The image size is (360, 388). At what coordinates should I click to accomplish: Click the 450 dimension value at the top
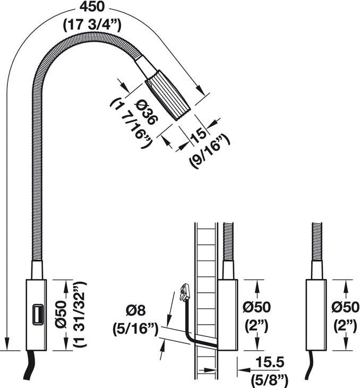pos(92,7)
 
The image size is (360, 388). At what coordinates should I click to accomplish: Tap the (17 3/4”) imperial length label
pos(92,25)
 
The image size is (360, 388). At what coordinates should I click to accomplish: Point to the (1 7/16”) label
pos(131,123)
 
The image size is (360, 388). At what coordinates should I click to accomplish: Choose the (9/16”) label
pos(209,150)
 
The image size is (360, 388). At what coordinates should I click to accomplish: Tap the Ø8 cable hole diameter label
pos(135,310)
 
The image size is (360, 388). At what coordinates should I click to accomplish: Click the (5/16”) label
pos(135,329)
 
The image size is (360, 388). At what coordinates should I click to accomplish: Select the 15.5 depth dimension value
pos(270,362)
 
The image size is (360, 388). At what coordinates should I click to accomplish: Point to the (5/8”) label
pos(270,381)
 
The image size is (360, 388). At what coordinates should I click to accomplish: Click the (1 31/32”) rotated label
pos(79,315)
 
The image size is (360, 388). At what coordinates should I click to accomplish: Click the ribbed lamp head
pos(168,95)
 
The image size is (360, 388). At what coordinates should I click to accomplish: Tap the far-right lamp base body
pos(316,315)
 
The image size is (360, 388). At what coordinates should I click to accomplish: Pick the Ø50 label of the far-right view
pos(346,307)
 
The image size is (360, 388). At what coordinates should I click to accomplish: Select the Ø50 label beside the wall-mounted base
pos(256,307)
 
